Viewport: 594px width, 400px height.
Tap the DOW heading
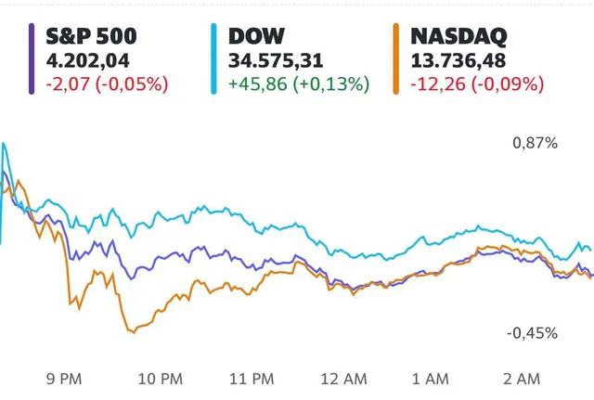[x=257, y=37]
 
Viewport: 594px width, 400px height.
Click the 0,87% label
[x=536, y=144]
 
